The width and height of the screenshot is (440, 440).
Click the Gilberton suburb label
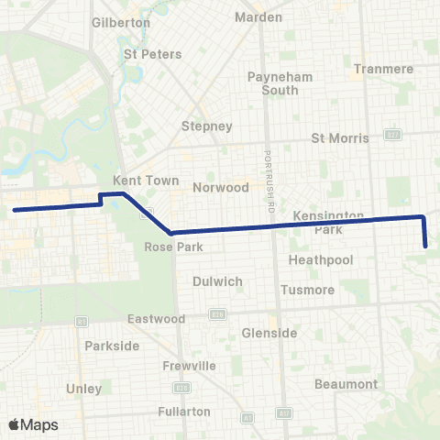pyautogui.click(x=121, y=22)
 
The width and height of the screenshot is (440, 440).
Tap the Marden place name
pyautogui.click(x=258, y=17)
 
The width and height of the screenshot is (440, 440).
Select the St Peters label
pyautogui.click(x=152, y=54)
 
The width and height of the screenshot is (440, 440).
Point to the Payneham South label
pyautogui.click(x=273, y=83)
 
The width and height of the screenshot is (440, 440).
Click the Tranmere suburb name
pyautogui.click(x=383, y=69)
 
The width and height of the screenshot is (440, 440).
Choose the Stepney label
pyautogui.click(x=207, y=126)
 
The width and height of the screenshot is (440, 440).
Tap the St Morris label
pyautogui.click(x=340, y=138)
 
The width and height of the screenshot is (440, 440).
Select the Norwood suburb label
pyautogui.click(x=221, y=187)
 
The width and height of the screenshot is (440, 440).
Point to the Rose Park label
pyautogui.click(x=167, y=247)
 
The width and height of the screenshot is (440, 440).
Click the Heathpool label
pyautogui.click(x=314, y=260)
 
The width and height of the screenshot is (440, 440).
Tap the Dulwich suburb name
pyautogui.click(x=216, y=281)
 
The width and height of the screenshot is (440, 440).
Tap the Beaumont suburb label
pyautogui.click(x=346, y=383)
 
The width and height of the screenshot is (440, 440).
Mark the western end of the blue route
pyautogui.click(x=15, y=211)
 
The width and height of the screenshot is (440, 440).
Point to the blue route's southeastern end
pyautogui.click(x=426, y=246)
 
